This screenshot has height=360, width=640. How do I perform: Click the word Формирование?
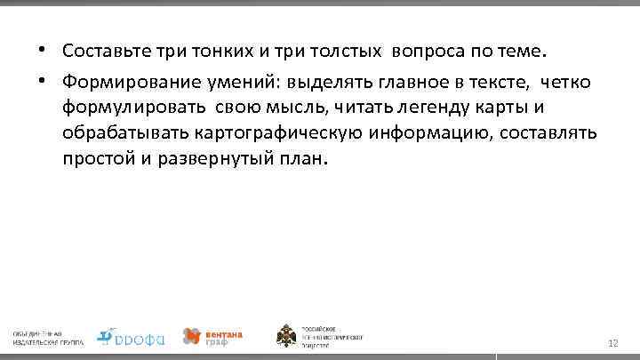124,82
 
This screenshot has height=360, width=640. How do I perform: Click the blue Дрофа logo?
130,336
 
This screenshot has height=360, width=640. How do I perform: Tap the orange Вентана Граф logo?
212,336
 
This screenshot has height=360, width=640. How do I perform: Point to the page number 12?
612,342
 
